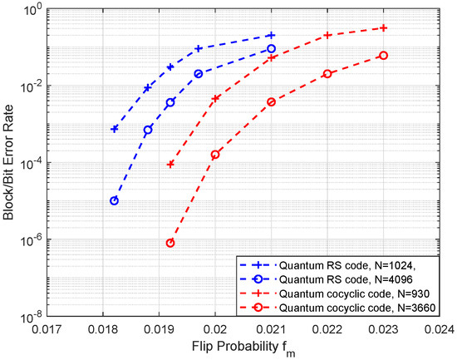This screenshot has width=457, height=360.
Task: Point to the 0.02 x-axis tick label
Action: pos(215,329)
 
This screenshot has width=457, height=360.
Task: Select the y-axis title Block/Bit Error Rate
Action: pos(9,163)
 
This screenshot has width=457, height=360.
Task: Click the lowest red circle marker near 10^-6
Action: pos(170,243)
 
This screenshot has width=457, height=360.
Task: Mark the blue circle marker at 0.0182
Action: pos(114,200)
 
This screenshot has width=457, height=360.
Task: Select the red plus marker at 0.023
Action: pos(383,27)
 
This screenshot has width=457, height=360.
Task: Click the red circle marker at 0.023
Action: pos(383,55)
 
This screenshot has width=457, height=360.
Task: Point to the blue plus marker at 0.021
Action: pos(271,35)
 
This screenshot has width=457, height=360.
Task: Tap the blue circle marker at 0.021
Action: pos(271,49)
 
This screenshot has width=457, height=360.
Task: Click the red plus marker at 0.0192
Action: pos(170,164)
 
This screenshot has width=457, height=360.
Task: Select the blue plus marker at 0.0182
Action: pos(114,129)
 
